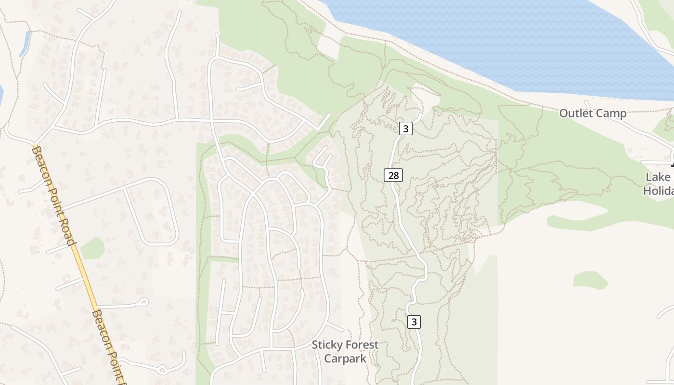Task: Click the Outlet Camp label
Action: click(x=593, y=114)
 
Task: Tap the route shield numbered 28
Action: click(x=393, y=175)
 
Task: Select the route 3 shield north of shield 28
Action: click(x=406, y=128)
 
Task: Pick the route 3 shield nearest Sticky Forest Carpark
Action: click(x=414, y=321)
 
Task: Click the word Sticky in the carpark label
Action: click(x=326, y=345)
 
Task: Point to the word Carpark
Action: click(x=345, y=359)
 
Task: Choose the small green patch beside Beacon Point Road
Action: click(x=92, y=248)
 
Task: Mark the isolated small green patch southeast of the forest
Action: click(x=591, y=280)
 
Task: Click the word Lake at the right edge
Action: click(x=658, y=177)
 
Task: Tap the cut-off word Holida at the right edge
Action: click(x=658, y=191)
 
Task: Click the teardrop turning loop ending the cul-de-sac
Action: click(x=143, y=302)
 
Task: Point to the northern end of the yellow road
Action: click(x=35, y=145)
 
